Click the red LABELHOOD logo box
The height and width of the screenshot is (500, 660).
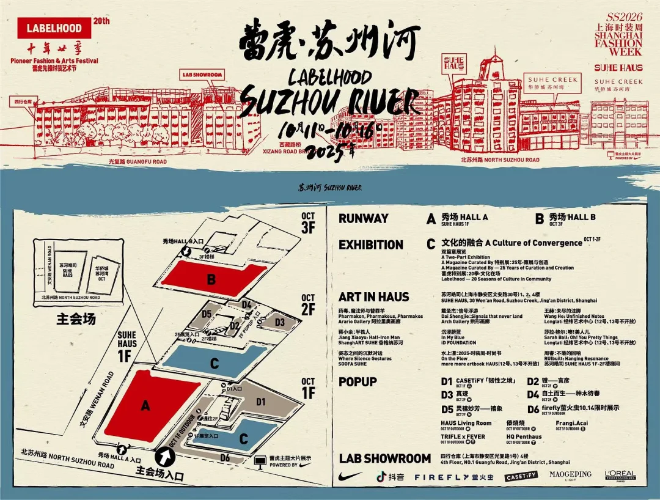[54, 28]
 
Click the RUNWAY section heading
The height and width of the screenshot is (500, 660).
[364, 218]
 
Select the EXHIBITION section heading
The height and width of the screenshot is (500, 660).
[371, 244]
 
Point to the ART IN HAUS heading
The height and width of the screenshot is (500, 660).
[373, 297]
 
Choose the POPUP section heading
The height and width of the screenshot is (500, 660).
[358, 381]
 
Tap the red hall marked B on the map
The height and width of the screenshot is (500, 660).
[211, 280]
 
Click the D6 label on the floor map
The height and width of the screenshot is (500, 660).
[225, 458]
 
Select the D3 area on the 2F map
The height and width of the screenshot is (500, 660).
[279, 322]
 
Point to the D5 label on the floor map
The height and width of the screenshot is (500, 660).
[207, 314]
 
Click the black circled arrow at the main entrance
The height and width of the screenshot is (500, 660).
[164, 457]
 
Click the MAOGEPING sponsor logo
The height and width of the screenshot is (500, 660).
[570, 475]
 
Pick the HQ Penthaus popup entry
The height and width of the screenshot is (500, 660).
[524, 437]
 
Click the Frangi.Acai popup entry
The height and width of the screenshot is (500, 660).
[573, 423]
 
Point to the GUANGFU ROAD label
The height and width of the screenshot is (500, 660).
[137, 162]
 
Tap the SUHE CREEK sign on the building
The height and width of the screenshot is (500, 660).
[552, 79]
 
